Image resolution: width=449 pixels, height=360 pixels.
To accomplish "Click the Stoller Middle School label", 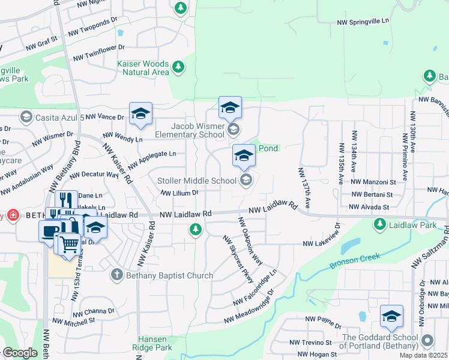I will click(x=197, y=181).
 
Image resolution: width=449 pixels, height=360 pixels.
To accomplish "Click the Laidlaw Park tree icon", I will click(x=379, y=224).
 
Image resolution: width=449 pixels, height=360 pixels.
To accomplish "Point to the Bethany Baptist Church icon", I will click(x=117, y=275).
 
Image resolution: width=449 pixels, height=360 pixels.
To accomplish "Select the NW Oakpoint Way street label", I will click(x=250, y=241).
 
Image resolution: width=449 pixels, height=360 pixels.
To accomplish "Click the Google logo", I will click(x=19, y=353).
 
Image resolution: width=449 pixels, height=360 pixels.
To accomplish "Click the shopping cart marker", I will click(x=70, y=243).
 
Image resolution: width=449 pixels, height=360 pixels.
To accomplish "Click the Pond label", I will click(x=268, y=148).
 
